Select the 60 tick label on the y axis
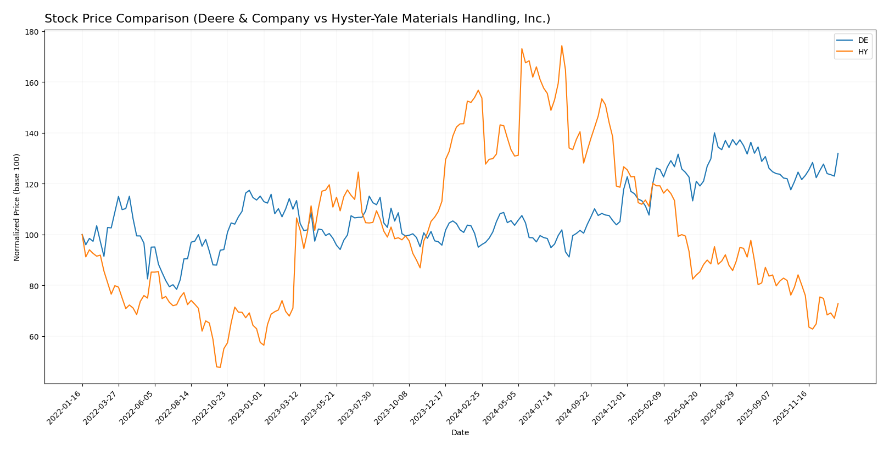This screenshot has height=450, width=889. point(33,337)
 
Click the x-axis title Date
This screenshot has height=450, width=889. point(460,433)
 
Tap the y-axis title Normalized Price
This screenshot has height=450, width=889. point(17,207)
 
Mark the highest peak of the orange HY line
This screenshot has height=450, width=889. point(561,46)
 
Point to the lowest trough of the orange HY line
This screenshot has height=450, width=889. point(220,367)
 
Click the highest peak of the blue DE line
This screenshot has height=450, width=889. point(714,132)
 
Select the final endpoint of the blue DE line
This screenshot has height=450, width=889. point(838,153)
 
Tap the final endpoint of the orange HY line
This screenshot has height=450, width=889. point(838,303)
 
